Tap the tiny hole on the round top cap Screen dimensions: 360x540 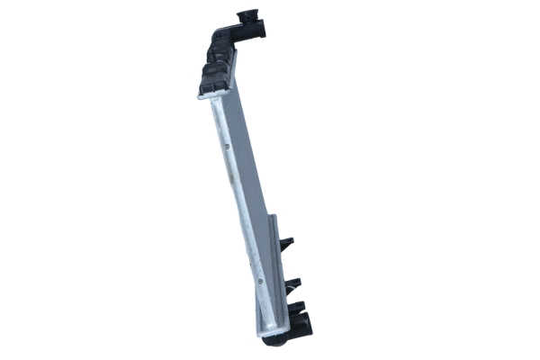point(251,15)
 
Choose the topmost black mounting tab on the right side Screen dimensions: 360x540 point(286,244)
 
